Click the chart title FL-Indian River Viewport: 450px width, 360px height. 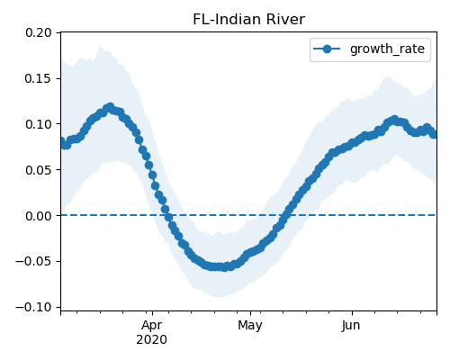click(x=248, y=20)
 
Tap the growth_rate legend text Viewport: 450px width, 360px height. click(x=387, y=49)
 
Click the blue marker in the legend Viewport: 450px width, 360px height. click(x=327, y=49)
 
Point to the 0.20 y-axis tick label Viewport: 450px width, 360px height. click(x=39, y=32)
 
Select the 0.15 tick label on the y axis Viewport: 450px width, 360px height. click(x=39, y=78)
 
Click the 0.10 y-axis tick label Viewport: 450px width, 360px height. click(x=39, y=124)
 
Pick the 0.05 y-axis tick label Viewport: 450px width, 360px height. click(x=39, y=170)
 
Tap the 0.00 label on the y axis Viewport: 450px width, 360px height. click(x=39, y=216)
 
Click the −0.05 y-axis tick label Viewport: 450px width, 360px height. click(x=33, y=261)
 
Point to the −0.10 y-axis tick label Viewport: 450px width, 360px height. click(x=33, y=307)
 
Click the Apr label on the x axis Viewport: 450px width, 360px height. click(x=152, y=326)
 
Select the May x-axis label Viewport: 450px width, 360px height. click(x=250, y=326)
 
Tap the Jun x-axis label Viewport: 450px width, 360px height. click(x=351, y=326)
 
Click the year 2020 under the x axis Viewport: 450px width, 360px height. click(x=152, y=340)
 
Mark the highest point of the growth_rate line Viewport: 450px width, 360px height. click(x=111, y=107)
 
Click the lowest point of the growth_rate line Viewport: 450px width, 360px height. click(x=224, y=267)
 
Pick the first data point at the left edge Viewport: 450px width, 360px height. click(x=62, y=141)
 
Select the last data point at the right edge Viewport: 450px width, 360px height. click(x=434, y=134)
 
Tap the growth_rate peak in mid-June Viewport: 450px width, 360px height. click(x=394, y=120)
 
